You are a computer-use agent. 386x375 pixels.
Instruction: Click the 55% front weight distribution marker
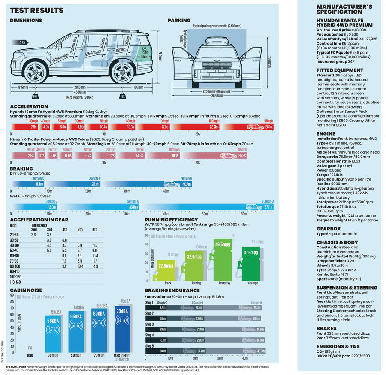[35, 97]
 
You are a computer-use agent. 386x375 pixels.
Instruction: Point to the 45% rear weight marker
[123, 97]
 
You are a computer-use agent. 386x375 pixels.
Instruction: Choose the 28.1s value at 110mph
[268, 127]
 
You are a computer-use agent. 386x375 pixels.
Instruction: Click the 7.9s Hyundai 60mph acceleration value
[80, 127]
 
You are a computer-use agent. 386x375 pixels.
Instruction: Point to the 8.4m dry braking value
[40, 184]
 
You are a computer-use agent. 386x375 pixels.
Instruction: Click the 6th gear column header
[95, 230]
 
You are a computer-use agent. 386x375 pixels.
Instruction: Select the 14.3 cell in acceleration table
[95, 266]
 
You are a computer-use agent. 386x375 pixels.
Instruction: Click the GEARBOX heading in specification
[329, 229]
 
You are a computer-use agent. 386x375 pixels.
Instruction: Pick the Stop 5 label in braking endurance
[149, 345]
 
